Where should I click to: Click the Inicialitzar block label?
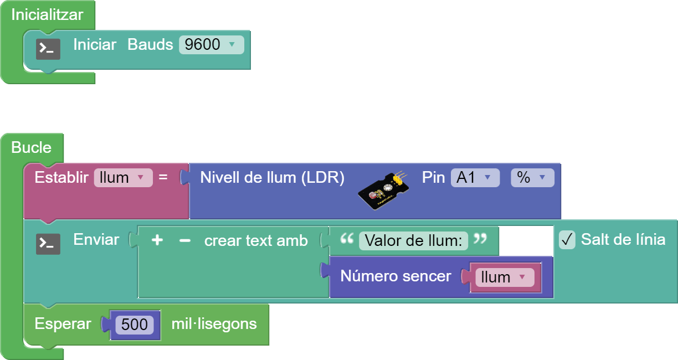point(47,15)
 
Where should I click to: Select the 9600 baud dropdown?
point(211,45)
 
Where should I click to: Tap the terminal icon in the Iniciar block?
point(48,49)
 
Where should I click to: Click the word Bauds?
point(150,45)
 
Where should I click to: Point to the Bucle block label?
point(32,148)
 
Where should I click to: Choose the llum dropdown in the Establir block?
point(122,178)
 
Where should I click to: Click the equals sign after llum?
point(163,178)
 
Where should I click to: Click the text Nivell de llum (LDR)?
point(272,178)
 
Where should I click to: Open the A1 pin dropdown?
point(474,178)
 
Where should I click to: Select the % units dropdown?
point(532,178)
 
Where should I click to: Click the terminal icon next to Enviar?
point(48,244)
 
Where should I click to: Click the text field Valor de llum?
point(413,241)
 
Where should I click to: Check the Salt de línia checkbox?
point(567,240)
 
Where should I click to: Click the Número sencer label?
point(395,276)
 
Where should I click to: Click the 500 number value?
point(134,325)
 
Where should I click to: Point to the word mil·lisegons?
point(214,324)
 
